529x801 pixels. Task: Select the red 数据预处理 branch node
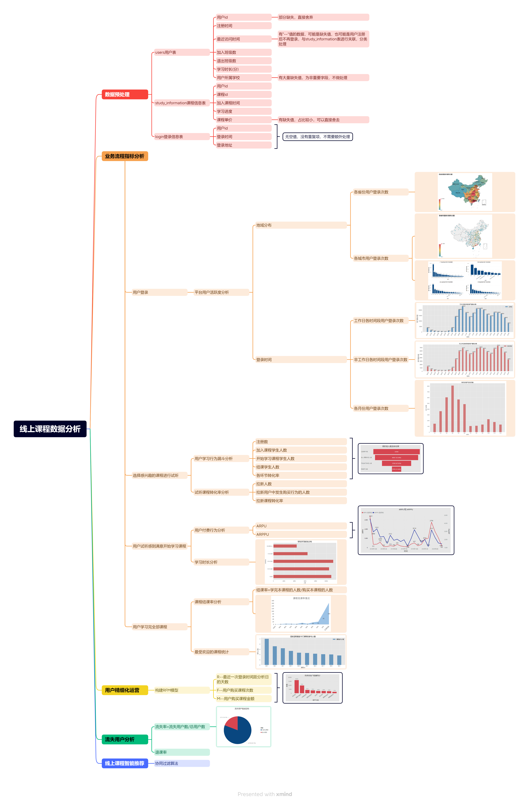click(125, 94)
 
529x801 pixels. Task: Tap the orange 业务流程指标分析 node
click(125, 156)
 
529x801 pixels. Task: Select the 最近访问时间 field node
click(243, 39)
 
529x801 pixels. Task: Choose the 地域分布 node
click(301, 225)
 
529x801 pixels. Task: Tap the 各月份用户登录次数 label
click(380, 408)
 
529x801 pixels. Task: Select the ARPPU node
click(301, 534)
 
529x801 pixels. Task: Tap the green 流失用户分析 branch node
click(125, 739)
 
